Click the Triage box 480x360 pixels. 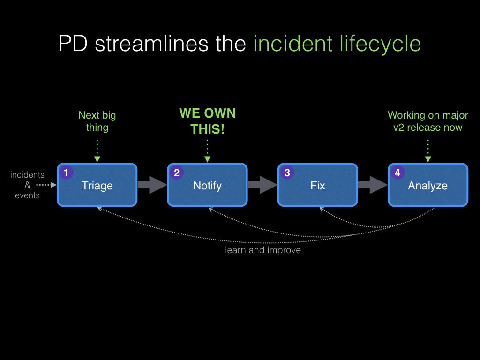(x=97, y=185)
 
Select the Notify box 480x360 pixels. (x=207, y=185)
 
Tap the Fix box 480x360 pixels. (x=317, y=185)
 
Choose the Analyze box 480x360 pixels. (x=427, y=185)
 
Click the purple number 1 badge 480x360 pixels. (x=66, y=172)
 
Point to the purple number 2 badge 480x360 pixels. (x=177, y=172)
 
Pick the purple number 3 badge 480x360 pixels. (x=287, y=172)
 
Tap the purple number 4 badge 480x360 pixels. (x=397, y=172)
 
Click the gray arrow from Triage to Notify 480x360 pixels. (x=152, y=185)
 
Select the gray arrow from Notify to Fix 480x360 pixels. (x=262, y=185)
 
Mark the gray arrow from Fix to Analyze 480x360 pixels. (x=372, y=185)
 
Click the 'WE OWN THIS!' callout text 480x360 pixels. (x=207, y=121)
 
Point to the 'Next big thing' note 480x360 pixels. (x=97, y=121)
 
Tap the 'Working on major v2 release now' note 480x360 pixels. (x=427, y=121)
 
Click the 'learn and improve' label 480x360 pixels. (x=263, y=250)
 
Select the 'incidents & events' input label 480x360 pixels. (x=27, y=185)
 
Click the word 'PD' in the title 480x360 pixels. (x=74, y=44)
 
